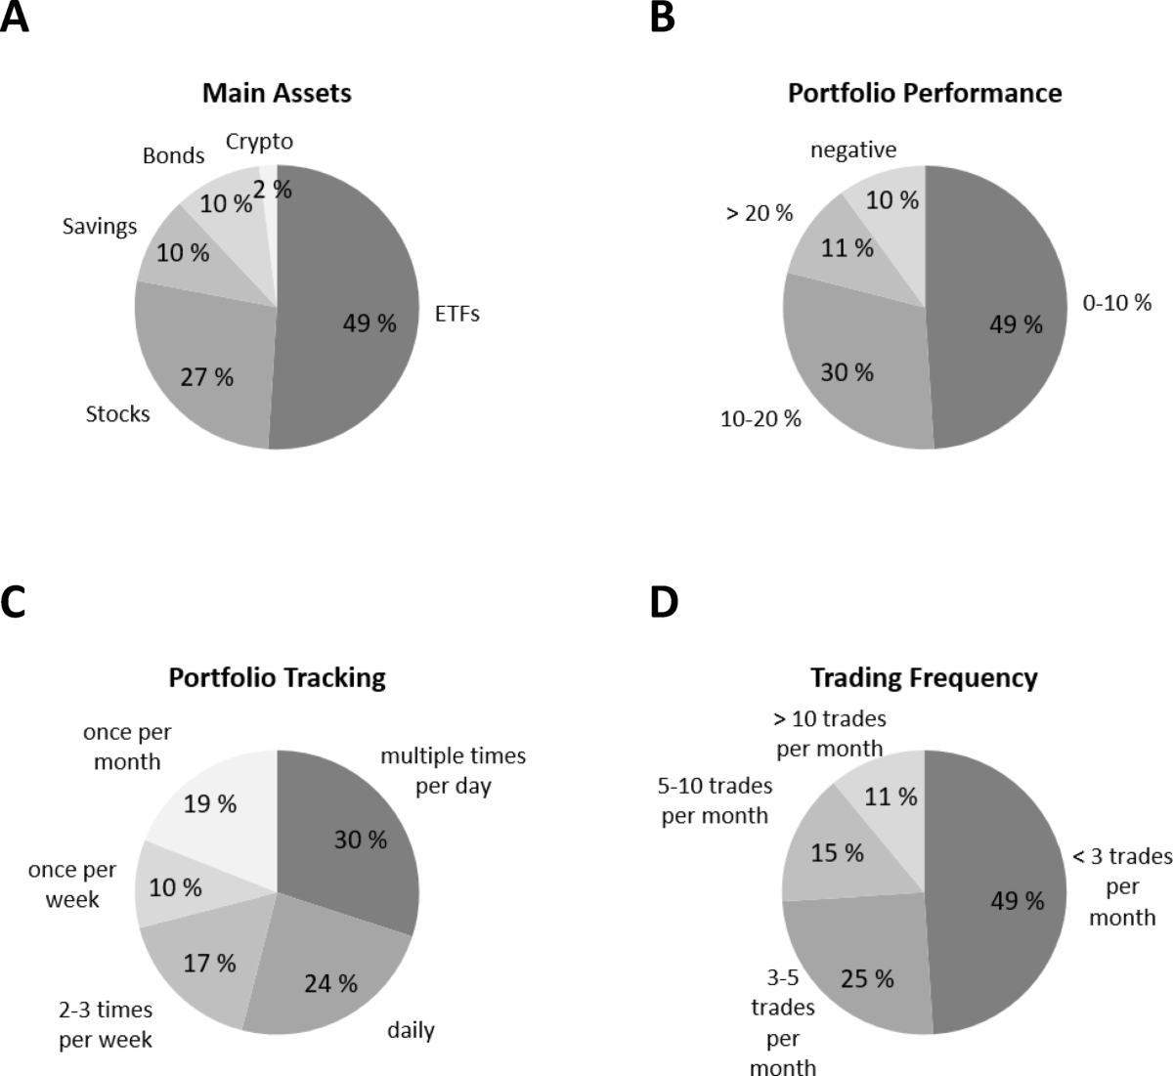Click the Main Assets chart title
[x=277, y=93]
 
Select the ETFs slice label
[x=456, y=315]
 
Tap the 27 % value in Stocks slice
[x=207, y=377]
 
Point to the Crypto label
[x=259, y=142]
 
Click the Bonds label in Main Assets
[x=173, y=155]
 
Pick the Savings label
[x=100, y=226]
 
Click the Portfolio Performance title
[x=925, y=93]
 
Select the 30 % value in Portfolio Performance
[x=847, y=372]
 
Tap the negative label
[x=853, y=150]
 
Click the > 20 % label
[x=759, y=212]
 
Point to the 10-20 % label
[x=760, y=419]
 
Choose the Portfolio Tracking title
[x=277, y=677]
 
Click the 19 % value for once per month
[x=210, y=803]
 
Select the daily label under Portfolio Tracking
[x=411, y=1029]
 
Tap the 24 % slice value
[x=330, y=983]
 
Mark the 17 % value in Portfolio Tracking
[x=210, y=963]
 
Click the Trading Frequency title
[x=924, y=677]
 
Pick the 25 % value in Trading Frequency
[x=867, y=978]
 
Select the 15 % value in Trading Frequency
[x=838, y=853]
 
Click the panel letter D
[x=664, y=602]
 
